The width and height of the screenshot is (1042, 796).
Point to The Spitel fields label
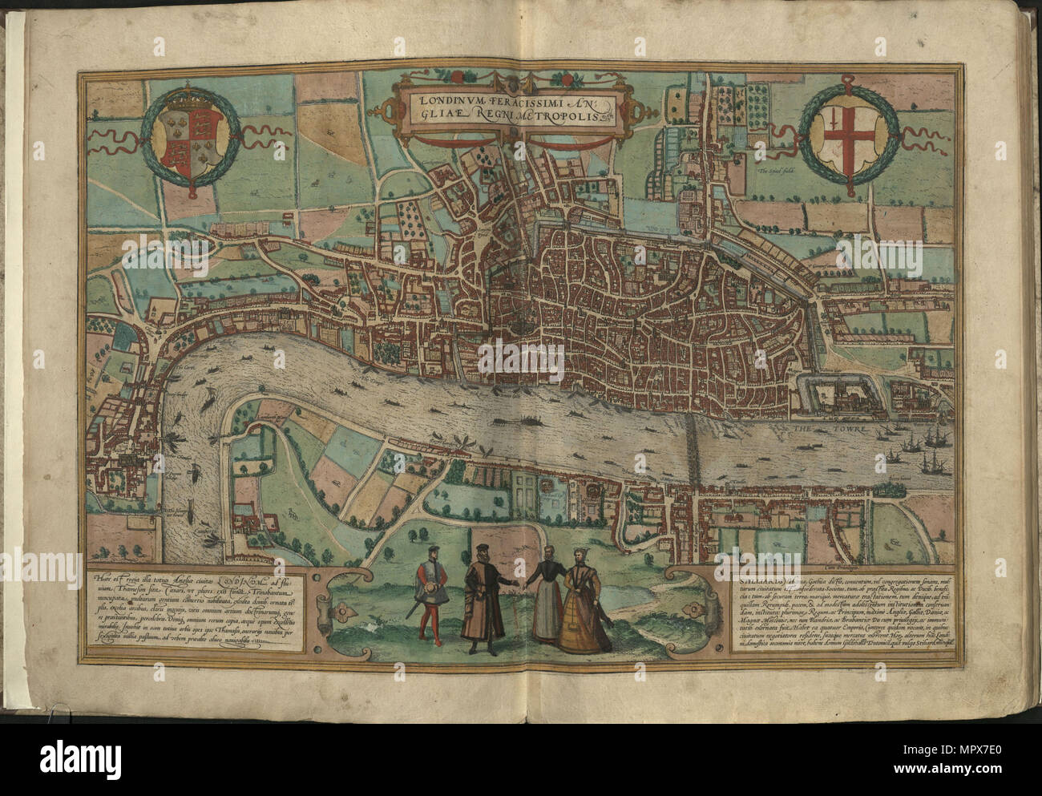(x=773, y=170)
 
